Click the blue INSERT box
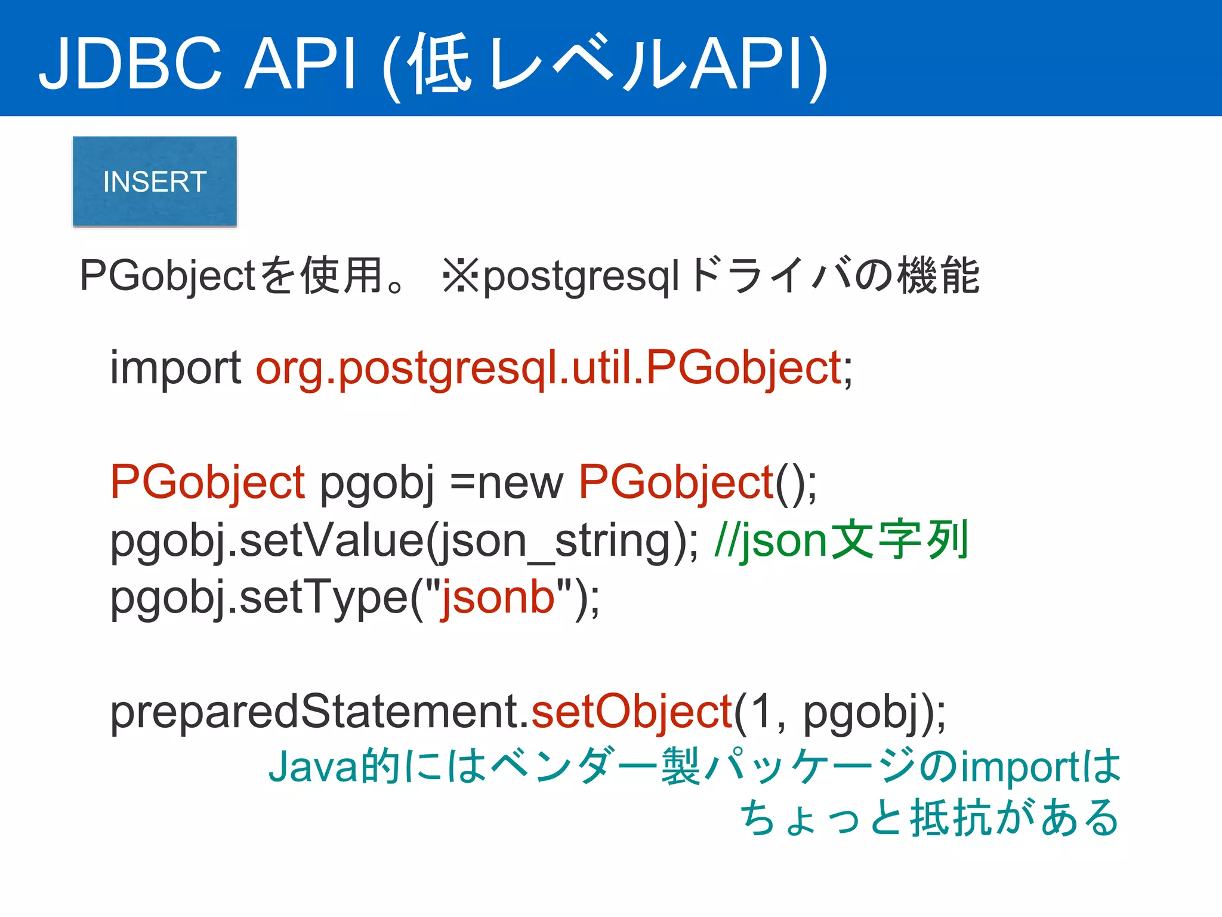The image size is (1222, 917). pyautogui.click(x=155, y=181)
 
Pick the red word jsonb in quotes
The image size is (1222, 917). pyautogui.click(x=498, y=597)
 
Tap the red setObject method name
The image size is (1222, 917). pyautogui.click(x=631, y=712)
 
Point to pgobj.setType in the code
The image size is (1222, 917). pyautogui.click(x=260, y=597)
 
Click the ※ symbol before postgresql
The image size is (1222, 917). pyautogui.click(x=461, y=276)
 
